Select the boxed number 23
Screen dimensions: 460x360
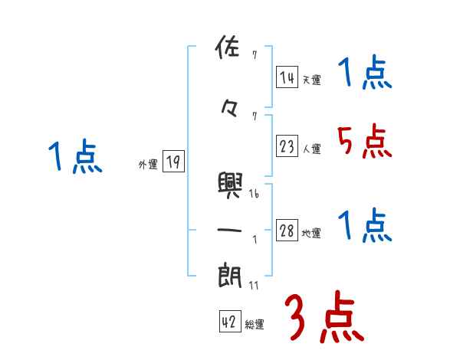[287, 146]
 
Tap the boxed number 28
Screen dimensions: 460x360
[287, 231]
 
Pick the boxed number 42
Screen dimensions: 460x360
[229, 322]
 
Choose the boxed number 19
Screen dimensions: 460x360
[173, 162]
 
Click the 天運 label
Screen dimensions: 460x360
[311, 80]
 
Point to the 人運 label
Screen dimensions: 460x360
[311, 149]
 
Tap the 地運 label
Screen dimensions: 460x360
[311, 234]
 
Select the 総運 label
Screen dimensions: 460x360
[254, 326]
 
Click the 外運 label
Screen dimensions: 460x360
[148, 164]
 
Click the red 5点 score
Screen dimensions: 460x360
[363, 142]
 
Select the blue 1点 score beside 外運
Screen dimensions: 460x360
[74, 157]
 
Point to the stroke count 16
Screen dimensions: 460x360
[254, 195]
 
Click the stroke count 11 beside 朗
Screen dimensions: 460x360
[254, 286]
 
